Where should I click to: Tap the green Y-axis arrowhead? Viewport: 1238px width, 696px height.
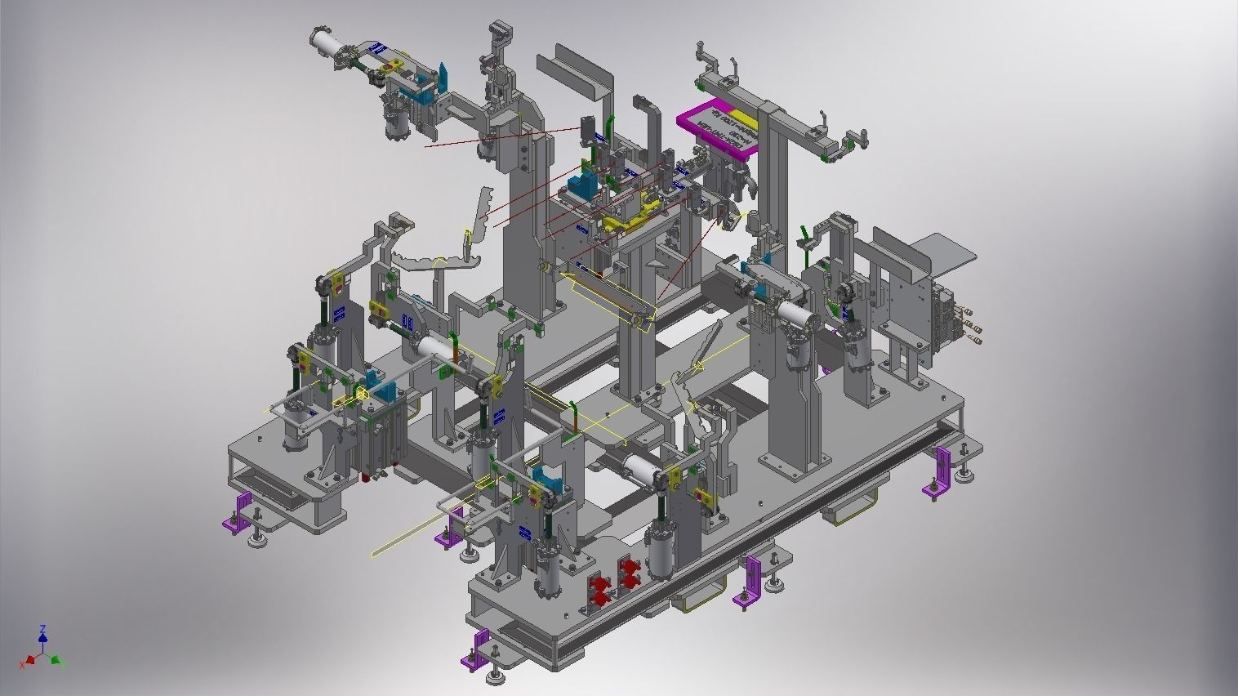56,659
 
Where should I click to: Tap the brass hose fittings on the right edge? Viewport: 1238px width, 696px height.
972,323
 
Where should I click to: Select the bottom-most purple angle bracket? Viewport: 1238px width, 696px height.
477,649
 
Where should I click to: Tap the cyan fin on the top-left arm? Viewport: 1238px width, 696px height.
443,78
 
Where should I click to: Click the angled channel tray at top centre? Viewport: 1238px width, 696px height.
581,73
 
